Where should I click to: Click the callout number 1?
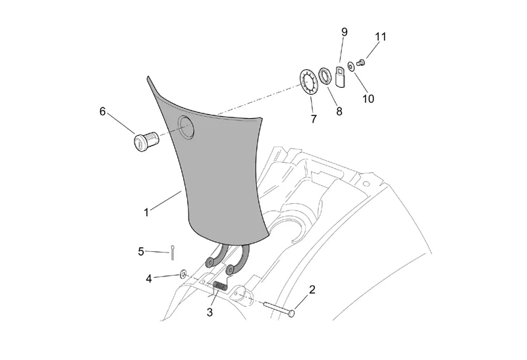(146, 212)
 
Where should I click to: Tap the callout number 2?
(312, 289)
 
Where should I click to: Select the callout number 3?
(209, 313)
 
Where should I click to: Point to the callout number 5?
(141, 252)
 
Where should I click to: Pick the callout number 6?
(103, 111)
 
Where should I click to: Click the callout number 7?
(314, 119)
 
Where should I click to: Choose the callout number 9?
(344, 32)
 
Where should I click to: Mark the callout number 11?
(381, 37)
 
